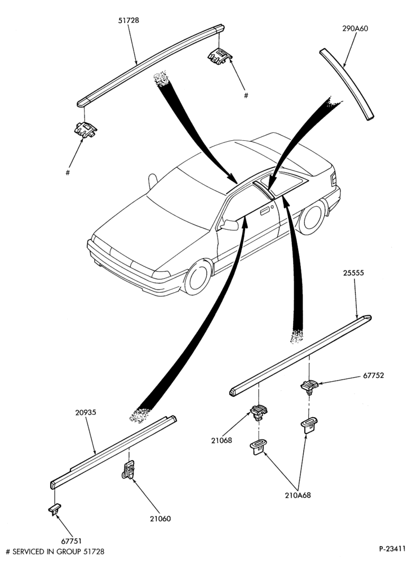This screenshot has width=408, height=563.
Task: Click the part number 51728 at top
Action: click(128, 21)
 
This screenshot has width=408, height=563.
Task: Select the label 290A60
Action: click(355, 29)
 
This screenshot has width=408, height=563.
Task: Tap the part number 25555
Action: click(353, 273)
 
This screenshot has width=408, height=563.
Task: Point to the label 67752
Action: click(374, 376)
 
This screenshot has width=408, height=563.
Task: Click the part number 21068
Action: click(222, 441)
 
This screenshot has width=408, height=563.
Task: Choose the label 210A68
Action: click(298, 495)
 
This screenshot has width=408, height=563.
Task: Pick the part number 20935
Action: click(86, 413)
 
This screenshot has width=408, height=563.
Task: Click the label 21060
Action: click(161, 519)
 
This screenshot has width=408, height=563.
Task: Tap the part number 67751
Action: click(70, 541)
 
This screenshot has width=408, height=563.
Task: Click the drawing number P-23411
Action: click(392, 548)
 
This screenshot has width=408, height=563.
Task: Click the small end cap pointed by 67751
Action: click(54, 509)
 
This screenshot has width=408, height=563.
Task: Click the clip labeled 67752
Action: click(309, 387)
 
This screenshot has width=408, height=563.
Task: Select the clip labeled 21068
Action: click(259, 412)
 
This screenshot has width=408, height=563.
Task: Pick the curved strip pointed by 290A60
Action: click(348, 83)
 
